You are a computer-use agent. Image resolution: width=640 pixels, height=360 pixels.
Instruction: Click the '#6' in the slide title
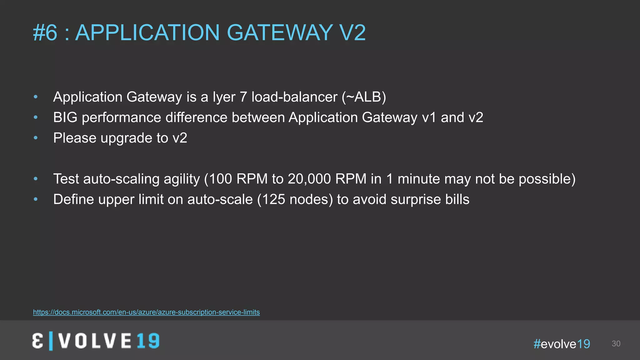(x=45, y=32)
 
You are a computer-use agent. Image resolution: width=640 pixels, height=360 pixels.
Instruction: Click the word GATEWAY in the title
(x=280, y=32)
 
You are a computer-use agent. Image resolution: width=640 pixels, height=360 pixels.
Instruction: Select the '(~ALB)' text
(x=364, y=97)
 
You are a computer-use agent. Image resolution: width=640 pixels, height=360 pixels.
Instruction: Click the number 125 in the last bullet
(x=273, y=199)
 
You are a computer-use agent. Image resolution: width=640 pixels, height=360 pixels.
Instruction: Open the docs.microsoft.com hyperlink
(x=146, y=312)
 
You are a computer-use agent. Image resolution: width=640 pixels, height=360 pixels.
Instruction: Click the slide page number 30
(x=616, y=344)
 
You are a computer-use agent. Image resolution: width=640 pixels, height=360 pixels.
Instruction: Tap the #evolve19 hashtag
(x=562, y=344)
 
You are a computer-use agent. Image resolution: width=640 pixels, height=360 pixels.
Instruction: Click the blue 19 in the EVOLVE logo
(x=148, y=341)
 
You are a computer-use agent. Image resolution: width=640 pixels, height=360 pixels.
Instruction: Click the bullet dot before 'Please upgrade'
(x=36, y=138)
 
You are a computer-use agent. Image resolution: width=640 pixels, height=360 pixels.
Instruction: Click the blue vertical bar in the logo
(x=51, y=341)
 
